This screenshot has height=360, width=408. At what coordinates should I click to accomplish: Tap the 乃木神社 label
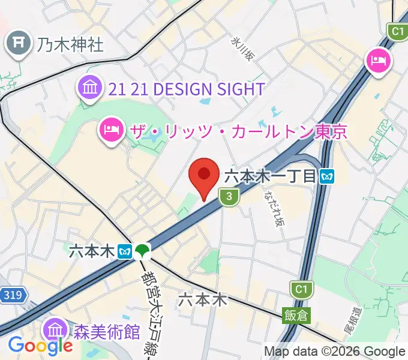pos(70,44)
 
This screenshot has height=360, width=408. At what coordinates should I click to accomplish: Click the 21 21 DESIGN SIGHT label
pos(187,89)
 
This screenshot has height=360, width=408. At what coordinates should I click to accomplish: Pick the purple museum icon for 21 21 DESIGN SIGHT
pos(90,88)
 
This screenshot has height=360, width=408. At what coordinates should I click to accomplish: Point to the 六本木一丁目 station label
pos(271,176)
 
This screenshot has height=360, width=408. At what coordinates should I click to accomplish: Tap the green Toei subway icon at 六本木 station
pos(143,250)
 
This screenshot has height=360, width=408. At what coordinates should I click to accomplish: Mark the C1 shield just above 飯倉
pos(299,290)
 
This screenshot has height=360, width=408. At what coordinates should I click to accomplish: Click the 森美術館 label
pos(107,331)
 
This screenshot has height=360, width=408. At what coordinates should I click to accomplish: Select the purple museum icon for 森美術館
pos(56,329)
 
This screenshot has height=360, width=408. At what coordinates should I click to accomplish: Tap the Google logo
pos(40,345)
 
